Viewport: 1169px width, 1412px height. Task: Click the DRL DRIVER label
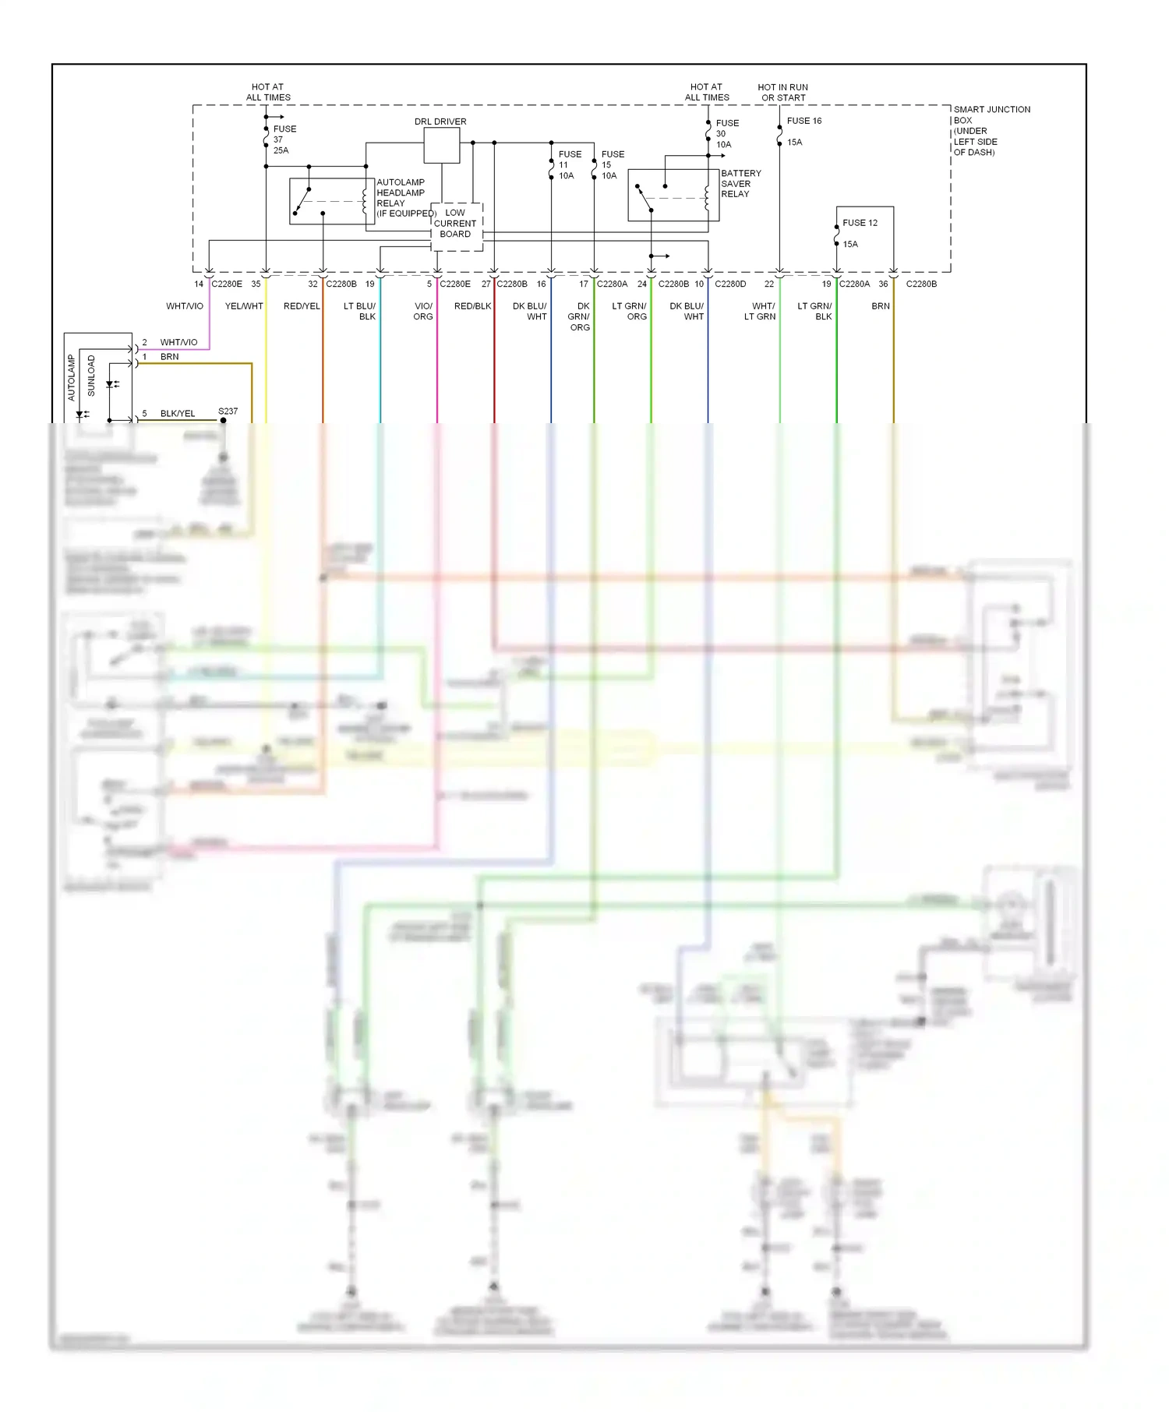coord(440,122)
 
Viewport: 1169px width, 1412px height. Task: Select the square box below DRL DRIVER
coord(442,145)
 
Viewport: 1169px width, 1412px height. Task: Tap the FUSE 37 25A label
coord(284,139)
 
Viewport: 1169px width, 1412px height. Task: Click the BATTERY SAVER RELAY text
coord(740,184)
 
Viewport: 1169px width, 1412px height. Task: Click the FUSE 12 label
coord(860,223)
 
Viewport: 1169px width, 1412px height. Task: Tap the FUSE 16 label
coord(804,121)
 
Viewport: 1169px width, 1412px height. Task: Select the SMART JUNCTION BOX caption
coord(991,130)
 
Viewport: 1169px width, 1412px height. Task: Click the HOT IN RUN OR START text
coord(783,93)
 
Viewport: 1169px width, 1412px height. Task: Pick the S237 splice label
coord(228,411)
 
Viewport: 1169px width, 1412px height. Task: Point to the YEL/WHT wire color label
coord(244,306)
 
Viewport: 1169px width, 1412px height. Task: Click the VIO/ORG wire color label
coord(423,312)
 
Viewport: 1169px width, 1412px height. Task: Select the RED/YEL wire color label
coord(302,306)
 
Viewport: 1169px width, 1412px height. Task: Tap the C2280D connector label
coord(730,284)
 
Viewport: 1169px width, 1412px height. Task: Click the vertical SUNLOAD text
coord(91,376)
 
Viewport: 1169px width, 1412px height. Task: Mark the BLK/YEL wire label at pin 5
coord(178,414)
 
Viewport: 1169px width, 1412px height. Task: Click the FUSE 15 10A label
coord(612,165)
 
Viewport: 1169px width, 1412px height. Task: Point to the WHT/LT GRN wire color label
coord(761,312)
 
